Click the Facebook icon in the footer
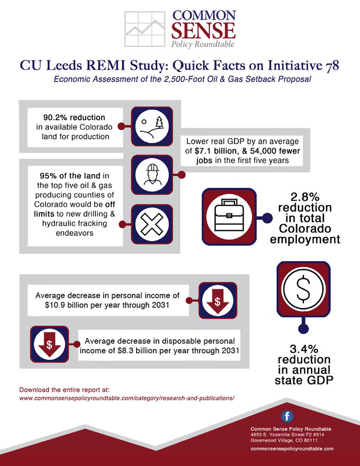click(x=287, y=416)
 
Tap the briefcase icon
click(x=229, y=217)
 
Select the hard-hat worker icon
click(x=152, y=175)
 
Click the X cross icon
click(x=152, y=225)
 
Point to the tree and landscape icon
click(x=152, y=127)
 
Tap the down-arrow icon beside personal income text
click(x=218, y=300)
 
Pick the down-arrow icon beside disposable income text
click(x=50, y=344)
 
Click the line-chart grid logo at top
click(x=145, y=29)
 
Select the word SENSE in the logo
click(x=203, y=30)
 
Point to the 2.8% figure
click(x=305, y=197)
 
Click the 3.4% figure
click(x=304, y=348)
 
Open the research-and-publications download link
click(x=127, y=398)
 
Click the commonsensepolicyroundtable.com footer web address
click(x=292, y=449)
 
